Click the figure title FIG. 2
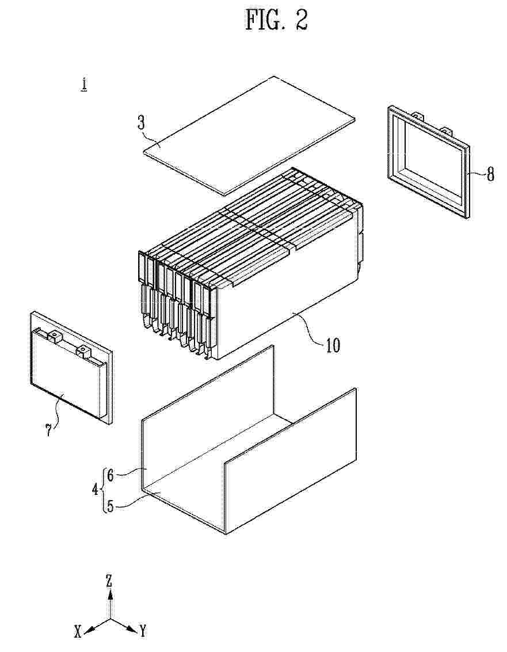click(x=277, y=19)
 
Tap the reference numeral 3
click(x=142, y=123)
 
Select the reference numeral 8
click(x=491, y=174)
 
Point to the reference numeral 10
click(x=332, y=345)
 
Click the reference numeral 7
click(x=49, y=430)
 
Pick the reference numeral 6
click(x=110, y=475)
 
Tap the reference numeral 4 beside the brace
click(x=96, y=489)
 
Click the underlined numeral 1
click(x=84, y=85)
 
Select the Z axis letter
click(x=109, y=581)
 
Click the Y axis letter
click(x=142, y=631)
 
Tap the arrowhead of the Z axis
click(x=110, y=594)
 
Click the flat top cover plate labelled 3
click(x=250, y=135)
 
